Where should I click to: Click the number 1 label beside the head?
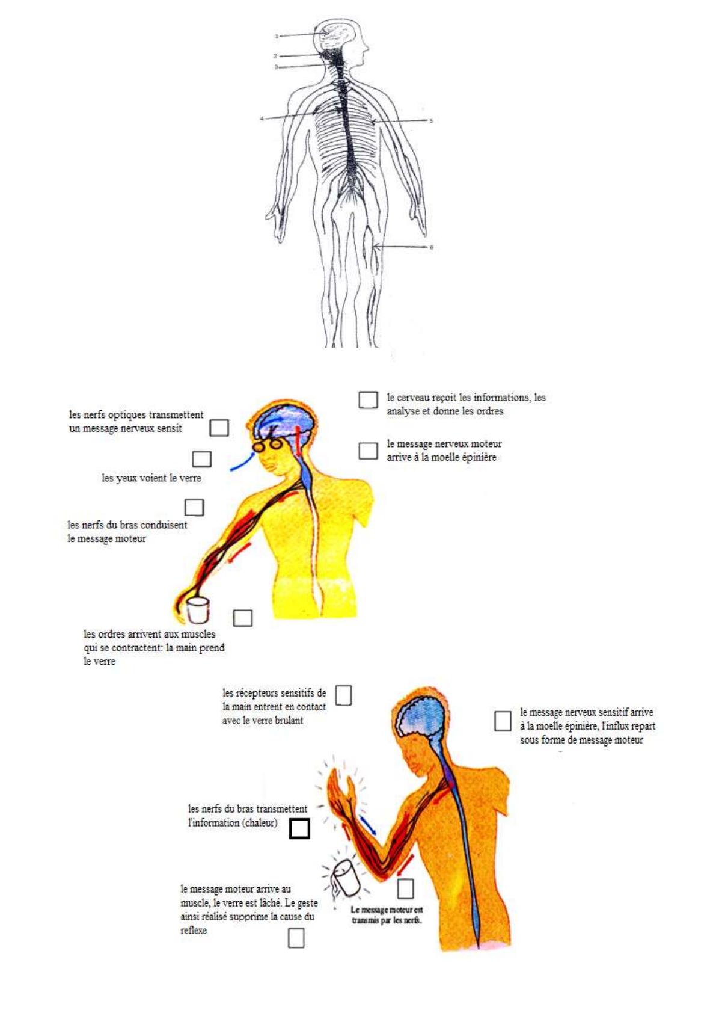click(x=276, y=36)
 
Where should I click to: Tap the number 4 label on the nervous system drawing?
click(x=262, y=119)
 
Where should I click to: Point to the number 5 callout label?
click(x=431, y=121)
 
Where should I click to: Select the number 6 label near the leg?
click(x=431, y=247)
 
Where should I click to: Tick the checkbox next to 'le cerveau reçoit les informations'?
click(x=369, y=400)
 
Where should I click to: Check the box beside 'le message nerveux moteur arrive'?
click(x=369, y=451)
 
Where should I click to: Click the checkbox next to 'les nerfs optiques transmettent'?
click(x=219, y=427)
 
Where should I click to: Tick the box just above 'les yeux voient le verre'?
click(x=202, y=459)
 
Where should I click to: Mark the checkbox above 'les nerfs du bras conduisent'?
click(x=194, y=508)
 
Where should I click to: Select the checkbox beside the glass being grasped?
click(x=243, y=618)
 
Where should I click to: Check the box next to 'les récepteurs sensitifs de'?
click(x=343, y=695)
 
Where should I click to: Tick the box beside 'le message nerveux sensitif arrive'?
click(x=503, y=721)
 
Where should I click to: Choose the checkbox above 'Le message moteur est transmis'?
click(x=405, y=888)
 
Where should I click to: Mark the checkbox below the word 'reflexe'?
click(x=296, y=937)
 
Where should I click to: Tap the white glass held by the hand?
click(x=198, y=609)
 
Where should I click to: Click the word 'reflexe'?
click(x=194, y=931)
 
